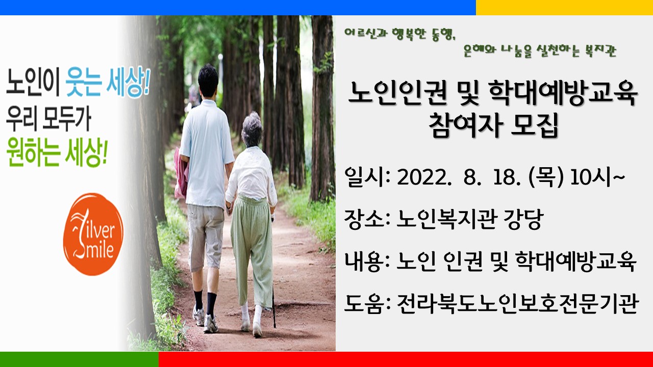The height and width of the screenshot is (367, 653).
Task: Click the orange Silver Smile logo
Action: click(93, 234)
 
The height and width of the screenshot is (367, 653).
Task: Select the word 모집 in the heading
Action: click(535, 125)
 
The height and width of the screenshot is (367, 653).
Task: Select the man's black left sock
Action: click(198, 299)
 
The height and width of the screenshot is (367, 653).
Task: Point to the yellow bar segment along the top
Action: click(564, 7)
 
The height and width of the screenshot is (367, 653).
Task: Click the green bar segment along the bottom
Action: click(79, 359)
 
